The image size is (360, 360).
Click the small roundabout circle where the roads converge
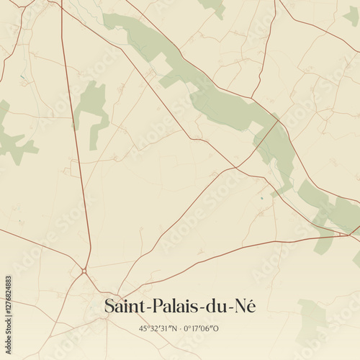tap(84, 271)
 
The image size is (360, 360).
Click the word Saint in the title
tap(123, 306)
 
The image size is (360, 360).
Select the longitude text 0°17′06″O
tap(201, 328)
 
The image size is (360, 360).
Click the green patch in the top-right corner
tap(351, 14)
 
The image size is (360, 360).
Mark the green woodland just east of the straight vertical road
tap(92, 108)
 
